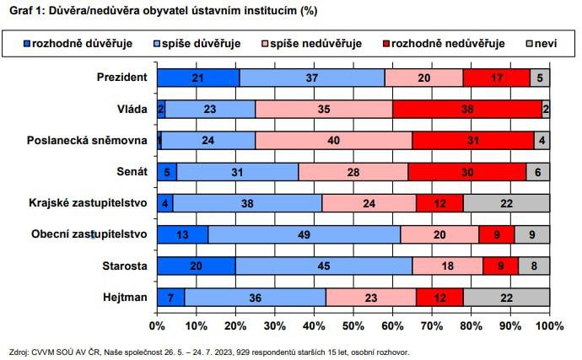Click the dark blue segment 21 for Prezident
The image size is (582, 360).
click(x=198, y=78)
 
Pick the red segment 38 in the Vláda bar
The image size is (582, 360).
click(x=467, y=109)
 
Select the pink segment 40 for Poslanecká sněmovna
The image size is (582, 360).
click(x=334, y=140)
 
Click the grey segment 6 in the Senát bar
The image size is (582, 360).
click(x=538, y=171)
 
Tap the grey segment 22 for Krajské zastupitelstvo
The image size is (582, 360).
click(x=506, y=202)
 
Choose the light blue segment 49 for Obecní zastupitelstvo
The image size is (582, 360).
click(x=304, y=234)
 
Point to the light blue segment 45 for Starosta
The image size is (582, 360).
click(x=324, y=265)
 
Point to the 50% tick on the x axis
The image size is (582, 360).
click(x=353, y=325)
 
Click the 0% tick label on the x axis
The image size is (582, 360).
click(x=157, y=325)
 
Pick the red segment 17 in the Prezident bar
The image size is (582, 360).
click(x=496, y=78)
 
